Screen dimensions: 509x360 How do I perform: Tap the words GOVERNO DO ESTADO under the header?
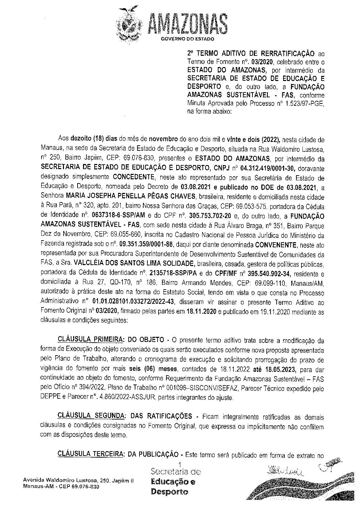pyautogui.click(x=187, y=39)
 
